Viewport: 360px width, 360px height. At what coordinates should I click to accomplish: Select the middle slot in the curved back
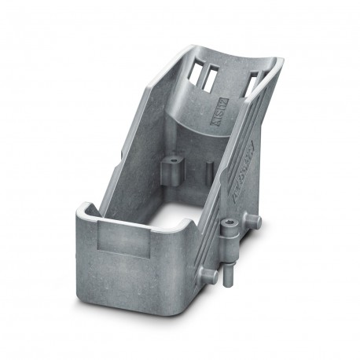(211, 77)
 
